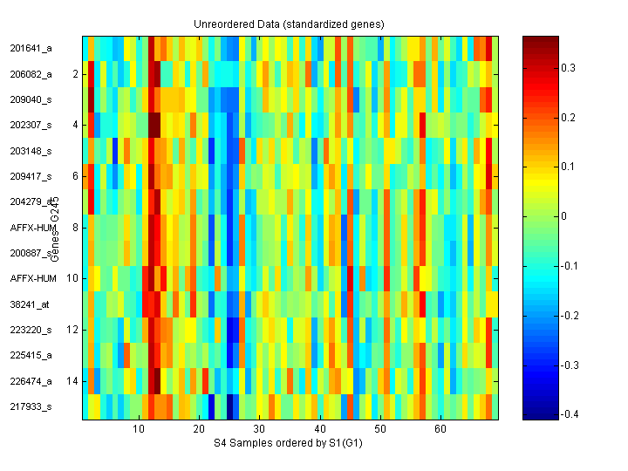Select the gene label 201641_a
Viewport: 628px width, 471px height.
pyautogui.click(x=31, y=49)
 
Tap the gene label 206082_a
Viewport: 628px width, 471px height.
pyautogui.click(x=31, y=74)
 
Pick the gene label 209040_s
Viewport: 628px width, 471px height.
pyautogui.click(x=31, y=99)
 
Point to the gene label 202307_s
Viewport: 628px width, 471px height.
pyautogui.click(x=31, y=125)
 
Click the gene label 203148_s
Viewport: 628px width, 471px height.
pyautogui.click(x=31, y=151)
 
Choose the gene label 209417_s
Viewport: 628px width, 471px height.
pyautogui.click(x=31, y=176)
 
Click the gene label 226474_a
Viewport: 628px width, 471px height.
pyautogui.click(x=31, y=381)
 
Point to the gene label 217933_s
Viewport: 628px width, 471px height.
pyautogui.click(x=31, y=406)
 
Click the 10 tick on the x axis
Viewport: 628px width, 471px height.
pyautogui.click(x=139, y=429)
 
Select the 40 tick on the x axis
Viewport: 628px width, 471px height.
pyautogui.click(x=320, y=429)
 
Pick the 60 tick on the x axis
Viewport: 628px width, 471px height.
pyautogui.click(x=440, y=429)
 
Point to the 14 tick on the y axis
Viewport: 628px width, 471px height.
pyautogui.click(x=73, y=381)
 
